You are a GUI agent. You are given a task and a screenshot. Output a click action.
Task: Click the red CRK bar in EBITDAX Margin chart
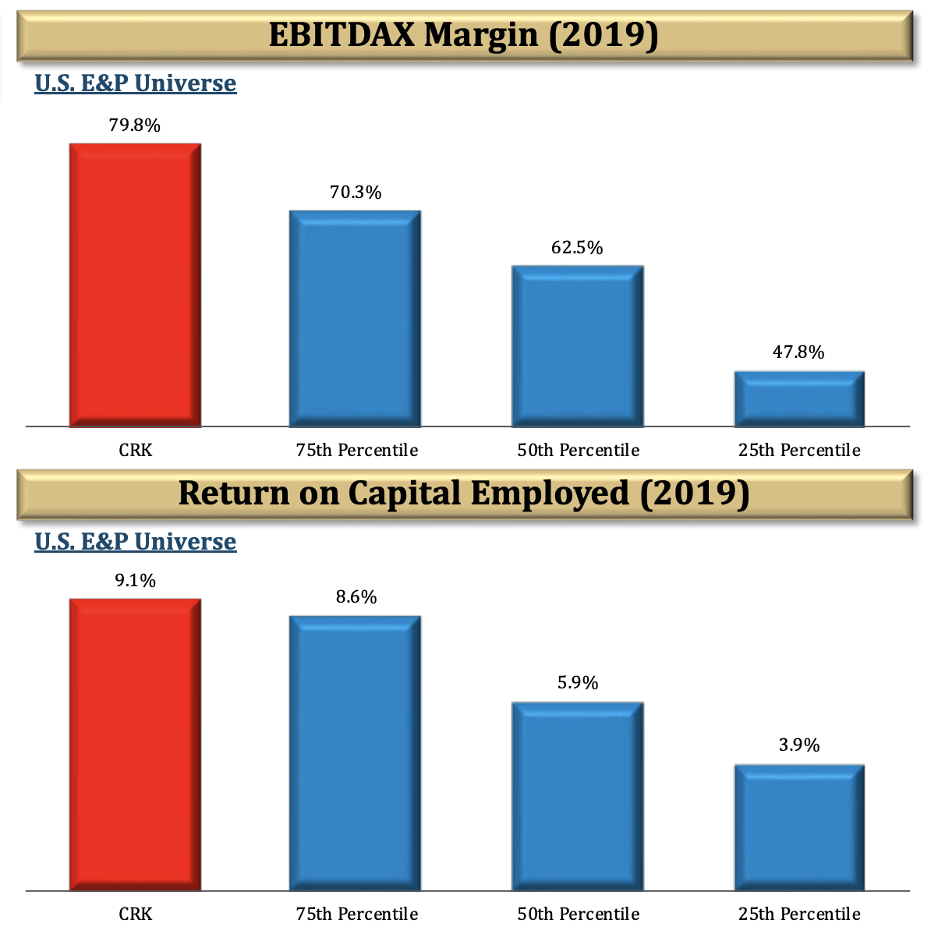coord(135,285)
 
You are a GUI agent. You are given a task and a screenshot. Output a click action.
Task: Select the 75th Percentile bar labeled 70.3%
coord(356,319)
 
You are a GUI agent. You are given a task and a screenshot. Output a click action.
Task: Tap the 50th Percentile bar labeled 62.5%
coord(577,346)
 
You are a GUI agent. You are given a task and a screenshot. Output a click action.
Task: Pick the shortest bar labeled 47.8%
coord(799,399)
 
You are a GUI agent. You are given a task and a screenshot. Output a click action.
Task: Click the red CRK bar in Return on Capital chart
coord(135,745)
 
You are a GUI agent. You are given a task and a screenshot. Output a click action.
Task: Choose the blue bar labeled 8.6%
coord(356,753)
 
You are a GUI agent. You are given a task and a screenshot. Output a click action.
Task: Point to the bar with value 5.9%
coord(577,796)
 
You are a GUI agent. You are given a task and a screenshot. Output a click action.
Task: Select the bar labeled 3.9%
coord(799,827)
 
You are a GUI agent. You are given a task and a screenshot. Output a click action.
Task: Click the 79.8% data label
coord(135,126)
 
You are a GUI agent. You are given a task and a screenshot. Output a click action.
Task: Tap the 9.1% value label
coord(135,581)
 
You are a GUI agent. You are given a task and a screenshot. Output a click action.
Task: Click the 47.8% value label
coord(798,352)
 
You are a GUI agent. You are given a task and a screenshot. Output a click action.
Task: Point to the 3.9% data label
coord(799,745)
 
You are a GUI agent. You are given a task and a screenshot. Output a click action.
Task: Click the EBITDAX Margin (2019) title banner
coord(464,36)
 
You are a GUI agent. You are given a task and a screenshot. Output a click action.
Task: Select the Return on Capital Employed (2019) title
coord(464,494)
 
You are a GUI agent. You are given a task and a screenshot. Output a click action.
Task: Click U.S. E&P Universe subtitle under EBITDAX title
coord(136,83)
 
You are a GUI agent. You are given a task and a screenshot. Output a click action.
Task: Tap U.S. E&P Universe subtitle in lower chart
coord(136,542)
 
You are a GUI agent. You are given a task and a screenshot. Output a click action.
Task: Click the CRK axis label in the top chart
coord(135,451)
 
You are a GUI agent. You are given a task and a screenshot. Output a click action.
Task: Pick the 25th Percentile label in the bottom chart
coord(799,914)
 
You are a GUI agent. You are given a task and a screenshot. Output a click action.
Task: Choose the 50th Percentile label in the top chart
coord(578,451)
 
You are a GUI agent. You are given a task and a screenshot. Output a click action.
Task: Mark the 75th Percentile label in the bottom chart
coord(356,914)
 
